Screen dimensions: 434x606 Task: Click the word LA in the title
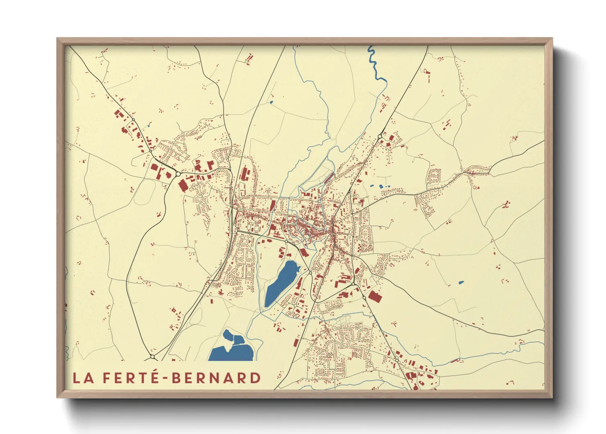83,378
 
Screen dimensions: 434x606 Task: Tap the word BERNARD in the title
216,378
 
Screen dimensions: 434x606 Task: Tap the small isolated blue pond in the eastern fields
461,282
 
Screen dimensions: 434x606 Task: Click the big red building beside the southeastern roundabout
375,296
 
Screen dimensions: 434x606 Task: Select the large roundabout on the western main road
178,174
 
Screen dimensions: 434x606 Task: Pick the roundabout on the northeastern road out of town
380,136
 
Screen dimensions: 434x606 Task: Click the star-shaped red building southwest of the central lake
220,292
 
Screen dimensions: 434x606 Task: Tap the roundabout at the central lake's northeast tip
310,272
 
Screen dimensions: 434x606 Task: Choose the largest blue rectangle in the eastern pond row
382,186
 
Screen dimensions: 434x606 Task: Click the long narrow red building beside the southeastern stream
454,361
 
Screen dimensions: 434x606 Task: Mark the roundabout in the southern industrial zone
397,360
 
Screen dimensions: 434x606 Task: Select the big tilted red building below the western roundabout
183,186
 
